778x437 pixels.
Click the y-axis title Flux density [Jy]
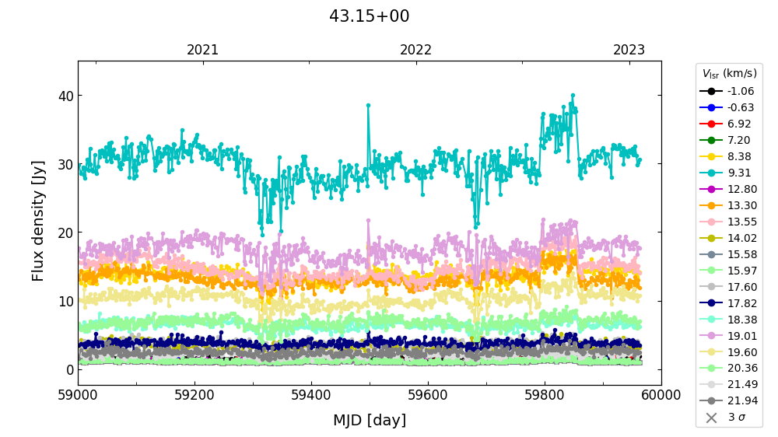click(x=38, y=221)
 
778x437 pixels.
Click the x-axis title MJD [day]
click(x=369, y=421)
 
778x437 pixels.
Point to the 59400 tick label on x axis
click(x=311, y=396)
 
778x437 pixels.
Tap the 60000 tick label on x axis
click(x=661, y=396)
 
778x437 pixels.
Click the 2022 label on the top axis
click(x=415, y=51)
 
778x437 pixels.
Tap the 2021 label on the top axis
click(x=203, y=51)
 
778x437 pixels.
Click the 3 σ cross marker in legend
click(x=710, y=418)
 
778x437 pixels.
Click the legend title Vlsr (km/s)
click(x=729, y=74)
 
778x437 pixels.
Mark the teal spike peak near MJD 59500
click(x=368, y=105)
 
